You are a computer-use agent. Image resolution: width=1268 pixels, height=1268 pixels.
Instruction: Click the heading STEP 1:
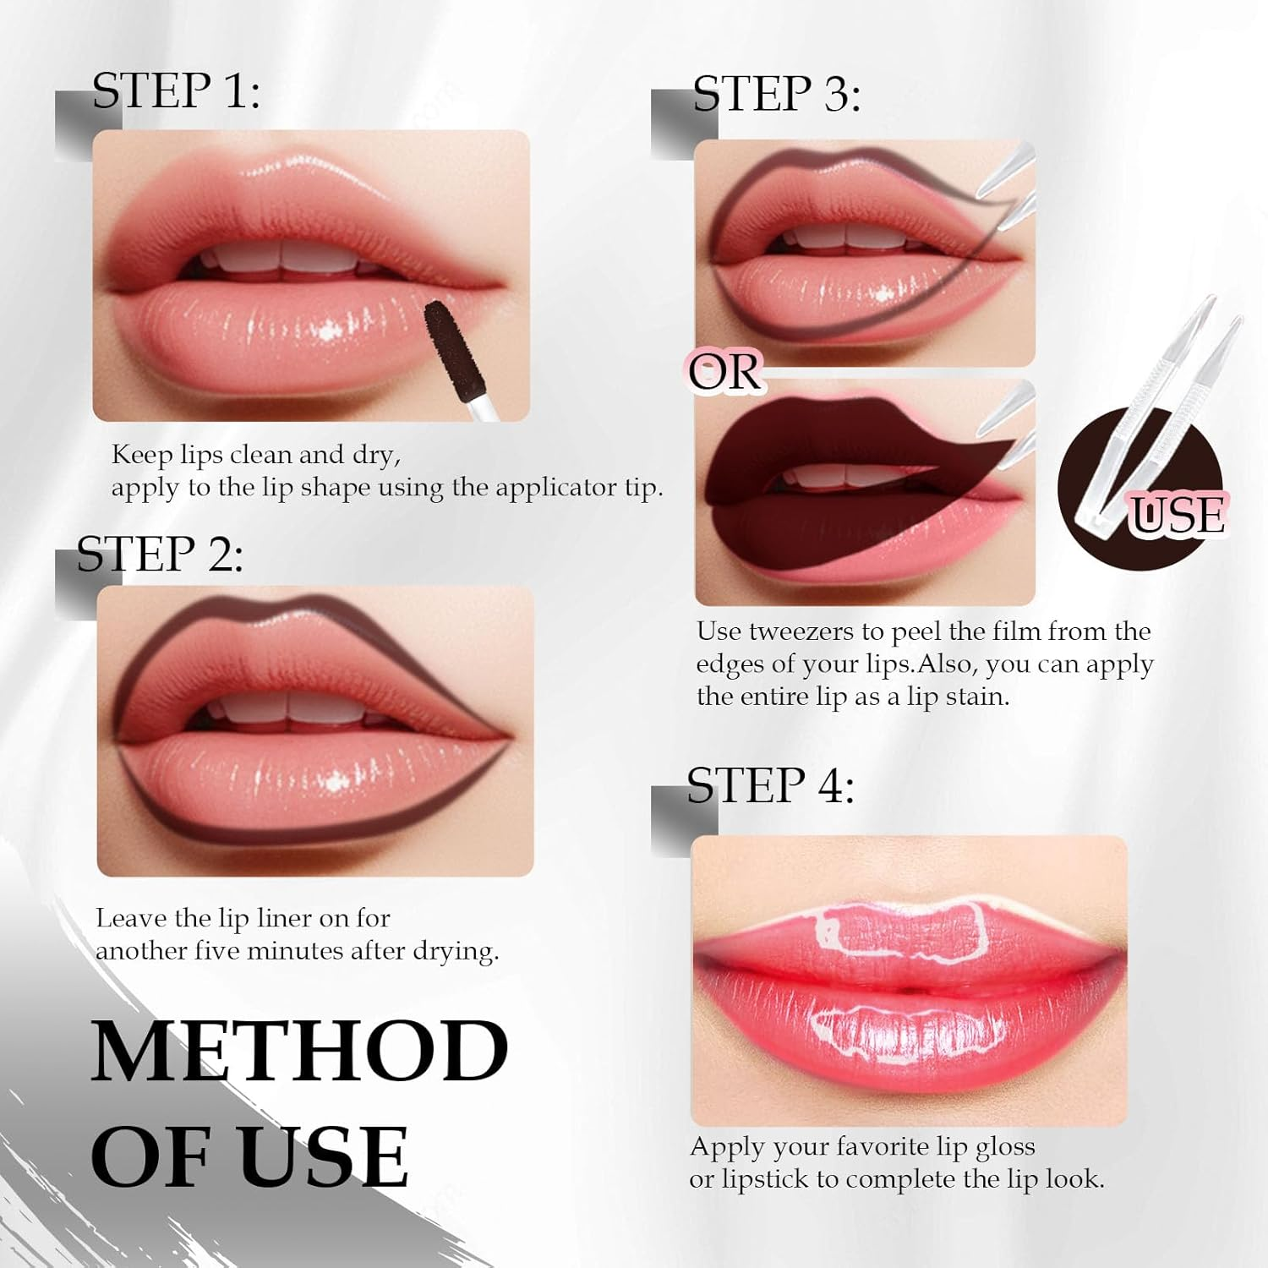(176, 91)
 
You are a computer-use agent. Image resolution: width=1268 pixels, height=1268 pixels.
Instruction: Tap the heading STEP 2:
(160, 555)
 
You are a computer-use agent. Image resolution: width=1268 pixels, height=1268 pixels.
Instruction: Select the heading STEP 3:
(776, 94)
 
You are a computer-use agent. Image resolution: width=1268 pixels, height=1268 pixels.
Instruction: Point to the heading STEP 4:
(770, 786)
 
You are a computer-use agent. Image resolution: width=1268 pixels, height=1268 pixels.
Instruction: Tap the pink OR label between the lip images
(724, 373)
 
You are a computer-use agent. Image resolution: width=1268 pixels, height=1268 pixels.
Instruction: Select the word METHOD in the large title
(299, 1052)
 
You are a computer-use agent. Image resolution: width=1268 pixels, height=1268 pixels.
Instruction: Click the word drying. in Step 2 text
(456, 952)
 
